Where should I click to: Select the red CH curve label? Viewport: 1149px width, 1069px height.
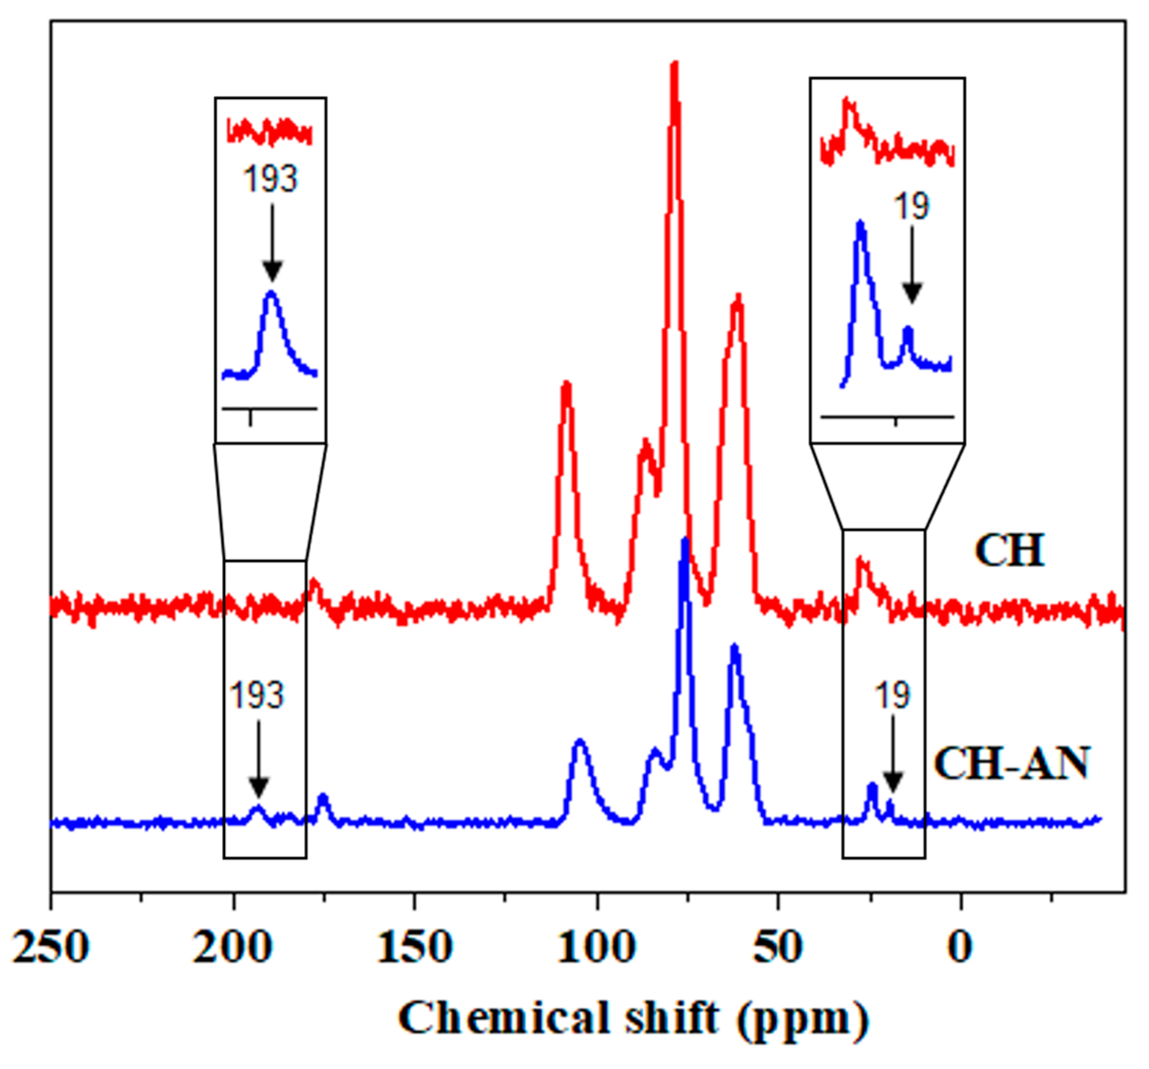[x=1010, y=550]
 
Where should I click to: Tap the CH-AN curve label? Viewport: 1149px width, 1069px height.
[x=1012, y=763]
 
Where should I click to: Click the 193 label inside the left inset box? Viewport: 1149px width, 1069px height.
[x=270, y=179]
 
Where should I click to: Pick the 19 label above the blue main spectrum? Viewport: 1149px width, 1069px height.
[x=893, y=694]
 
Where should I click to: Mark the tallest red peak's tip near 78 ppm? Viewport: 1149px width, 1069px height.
[x=674, y=64]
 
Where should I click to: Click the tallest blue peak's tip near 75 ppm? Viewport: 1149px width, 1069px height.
[x=686, y=541]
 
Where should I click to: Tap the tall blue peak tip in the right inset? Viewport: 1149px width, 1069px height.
[x=861, y=223]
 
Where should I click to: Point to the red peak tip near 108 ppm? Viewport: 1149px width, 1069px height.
[x=566, y=383]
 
